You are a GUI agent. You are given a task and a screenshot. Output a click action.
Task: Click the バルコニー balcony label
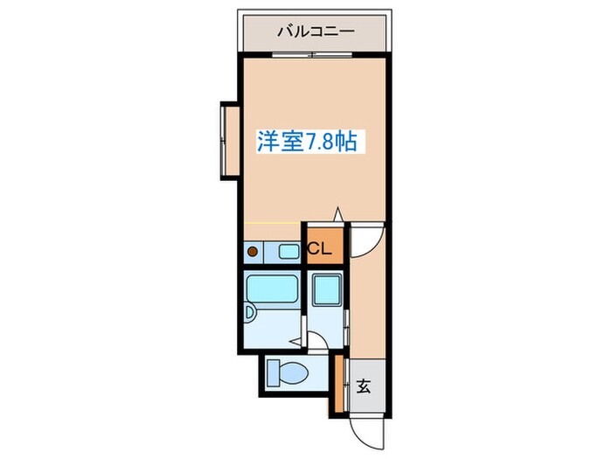click(316, 31)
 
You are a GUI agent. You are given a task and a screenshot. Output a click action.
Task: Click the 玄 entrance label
click(364, 386)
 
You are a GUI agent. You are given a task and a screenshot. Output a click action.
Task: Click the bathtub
click(273, 289)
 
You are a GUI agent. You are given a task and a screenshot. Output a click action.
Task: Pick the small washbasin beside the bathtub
click(250, 311)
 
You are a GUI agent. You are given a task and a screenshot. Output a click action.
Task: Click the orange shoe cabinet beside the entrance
click(339, 386)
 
